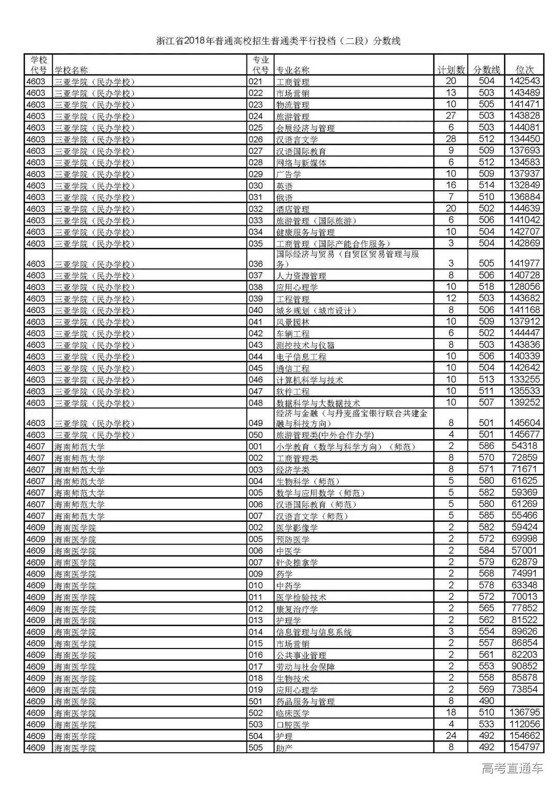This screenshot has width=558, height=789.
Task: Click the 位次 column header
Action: click(x=525, y=70)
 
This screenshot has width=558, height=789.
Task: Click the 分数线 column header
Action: click(x=487, y=70)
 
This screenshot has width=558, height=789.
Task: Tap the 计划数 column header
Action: click(x=451, y=70)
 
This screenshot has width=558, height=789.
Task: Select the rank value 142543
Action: click(x=524, y=81)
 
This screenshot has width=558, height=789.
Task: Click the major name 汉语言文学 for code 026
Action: click(x=297, y=140)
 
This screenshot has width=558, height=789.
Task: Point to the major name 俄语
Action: click(x=285, y=197)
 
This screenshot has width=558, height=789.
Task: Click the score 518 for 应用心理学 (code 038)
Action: click(x=486, y=287)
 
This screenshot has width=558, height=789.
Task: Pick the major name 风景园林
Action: click(x=293, y=322)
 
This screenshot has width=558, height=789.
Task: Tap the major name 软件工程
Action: click(x=293, y=392)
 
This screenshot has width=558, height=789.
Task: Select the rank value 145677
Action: click(x=524, y=435)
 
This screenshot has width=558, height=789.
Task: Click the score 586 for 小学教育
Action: click(x=486, y=446)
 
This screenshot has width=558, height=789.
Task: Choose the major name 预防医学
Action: click(x=293, y=539)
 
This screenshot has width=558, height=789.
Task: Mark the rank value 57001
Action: click(x=524, y=550)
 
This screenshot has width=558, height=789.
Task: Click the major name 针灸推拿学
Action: click(x=297, y=562)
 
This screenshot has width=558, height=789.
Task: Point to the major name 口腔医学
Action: click(x=293, y=724)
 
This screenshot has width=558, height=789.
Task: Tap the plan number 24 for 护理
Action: click(x=451, y=735)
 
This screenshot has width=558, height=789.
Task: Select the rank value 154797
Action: click(x=524, y=747)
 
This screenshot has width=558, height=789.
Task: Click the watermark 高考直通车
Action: click(x=512, y=768)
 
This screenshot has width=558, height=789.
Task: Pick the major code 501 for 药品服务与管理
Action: click(x=256, y=701)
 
